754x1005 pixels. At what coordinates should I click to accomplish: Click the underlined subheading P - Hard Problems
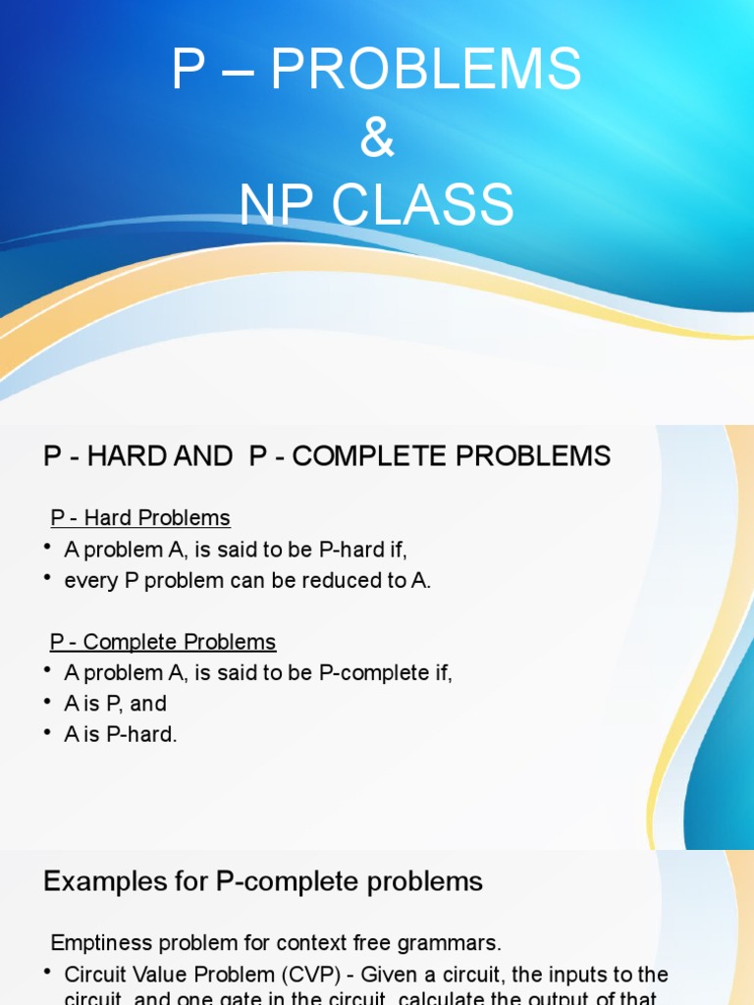coord(140,518)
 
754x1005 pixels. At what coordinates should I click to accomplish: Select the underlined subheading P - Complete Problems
coord(163,642)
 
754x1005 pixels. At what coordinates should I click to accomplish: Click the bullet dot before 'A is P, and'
coord(47,702)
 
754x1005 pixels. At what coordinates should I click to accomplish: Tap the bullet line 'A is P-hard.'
coord(121,734)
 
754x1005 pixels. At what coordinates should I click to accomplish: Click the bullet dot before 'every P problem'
coord(47,579)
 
